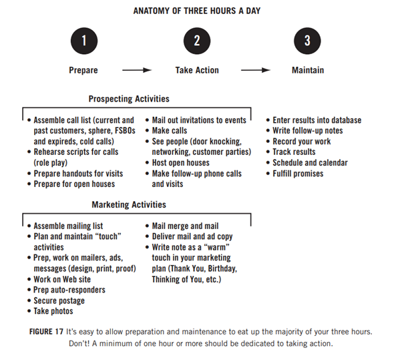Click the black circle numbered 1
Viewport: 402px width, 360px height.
[84, 41]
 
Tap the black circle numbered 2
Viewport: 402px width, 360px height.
[197, 41]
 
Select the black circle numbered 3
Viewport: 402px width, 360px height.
[307, 41]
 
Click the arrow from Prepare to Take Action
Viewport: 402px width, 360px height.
[137, 70]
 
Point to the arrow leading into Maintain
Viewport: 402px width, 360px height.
[256, 70]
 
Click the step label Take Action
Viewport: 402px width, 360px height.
[197, 70]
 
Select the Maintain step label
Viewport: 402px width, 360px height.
[308, 70]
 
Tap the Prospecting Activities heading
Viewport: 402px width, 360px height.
[129, 99]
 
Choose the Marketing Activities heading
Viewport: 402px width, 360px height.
[129, 204]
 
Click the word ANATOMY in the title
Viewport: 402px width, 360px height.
[151, 11]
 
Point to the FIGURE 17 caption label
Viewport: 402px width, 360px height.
[46, 331]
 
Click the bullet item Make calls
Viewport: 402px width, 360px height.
[170, 130]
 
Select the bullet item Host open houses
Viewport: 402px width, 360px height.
[181, 162]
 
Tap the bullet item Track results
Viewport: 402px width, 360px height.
[294, 152]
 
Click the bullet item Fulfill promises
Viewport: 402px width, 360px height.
[298, 174]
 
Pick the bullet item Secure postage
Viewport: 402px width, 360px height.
[59, 301]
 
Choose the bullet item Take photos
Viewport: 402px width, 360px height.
[53, 311]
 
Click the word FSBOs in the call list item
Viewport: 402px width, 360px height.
[125, 130]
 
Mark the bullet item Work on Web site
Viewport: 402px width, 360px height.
[62, 279]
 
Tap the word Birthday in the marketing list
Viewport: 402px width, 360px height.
[222, 268]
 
